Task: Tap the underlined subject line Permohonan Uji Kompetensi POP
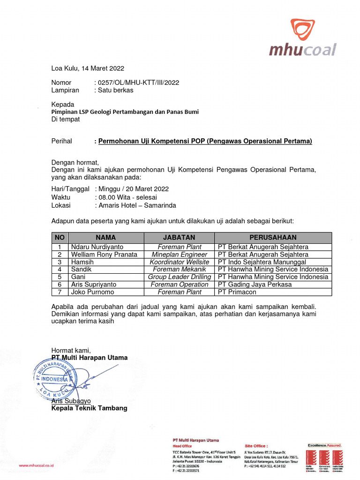(x=205, y=141)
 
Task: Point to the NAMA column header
(x=105, y=238)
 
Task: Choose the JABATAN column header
(x=179, y=238)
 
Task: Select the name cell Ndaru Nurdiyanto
(x=97, y=247)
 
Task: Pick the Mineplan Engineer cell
(x=179, y=254)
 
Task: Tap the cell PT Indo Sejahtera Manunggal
(x=262, y=262)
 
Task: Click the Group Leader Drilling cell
(x=179, y=277)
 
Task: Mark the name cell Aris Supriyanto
(x=94, y=284)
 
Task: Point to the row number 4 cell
(x=60, y=269)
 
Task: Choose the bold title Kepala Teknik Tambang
(x=89, y=408)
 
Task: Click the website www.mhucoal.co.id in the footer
(x=36, y=465)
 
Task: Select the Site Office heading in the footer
(x=256, y=445)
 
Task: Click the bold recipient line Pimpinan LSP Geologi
(x=125, y=112)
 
